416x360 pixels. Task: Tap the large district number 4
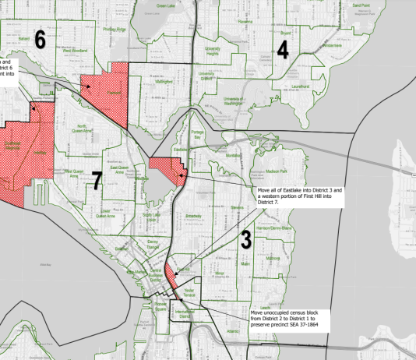283,50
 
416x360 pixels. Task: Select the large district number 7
97,181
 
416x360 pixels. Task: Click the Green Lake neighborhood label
166,5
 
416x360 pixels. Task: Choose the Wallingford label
163,81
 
